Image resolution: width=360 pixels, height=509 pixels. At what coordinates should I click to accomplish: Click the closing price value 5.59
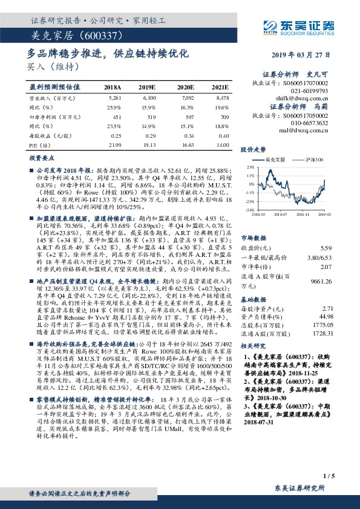[326, 248]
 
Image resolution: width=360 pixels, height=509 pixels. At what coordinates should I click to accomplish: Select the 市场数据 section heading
[252, 238]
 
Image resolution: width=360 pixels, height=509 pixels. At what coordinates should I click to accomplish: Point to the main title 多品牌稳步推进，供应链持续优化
[109, 53]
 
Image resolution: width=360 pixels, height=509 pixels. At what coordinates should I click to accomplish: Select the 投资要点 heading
[42, 157]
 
